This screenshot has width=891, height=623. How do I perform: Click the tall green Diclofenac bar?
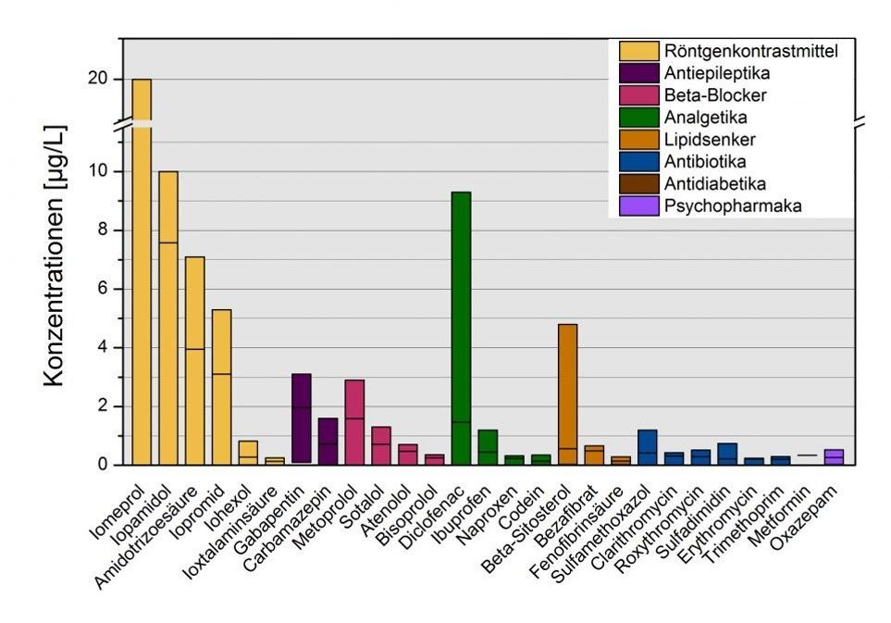(460, 328)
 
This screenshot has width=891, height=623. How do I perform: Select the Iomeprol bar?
(142, 278)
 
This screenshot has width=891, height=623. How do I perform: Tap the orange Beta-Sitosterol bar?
(567, 393)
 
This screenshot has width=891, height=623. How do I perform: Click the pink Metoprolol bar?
(354, 421)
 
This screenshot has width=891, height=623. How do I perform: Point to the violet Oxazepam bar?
(834, 456)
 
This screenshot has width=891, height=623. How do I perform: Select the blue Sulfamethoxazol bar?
(647, 447)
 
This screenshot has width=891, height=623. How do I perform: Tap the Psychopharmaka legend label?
(732, 206)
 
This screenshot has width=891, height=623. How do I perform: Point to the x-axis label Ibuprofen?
(468, 505)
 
